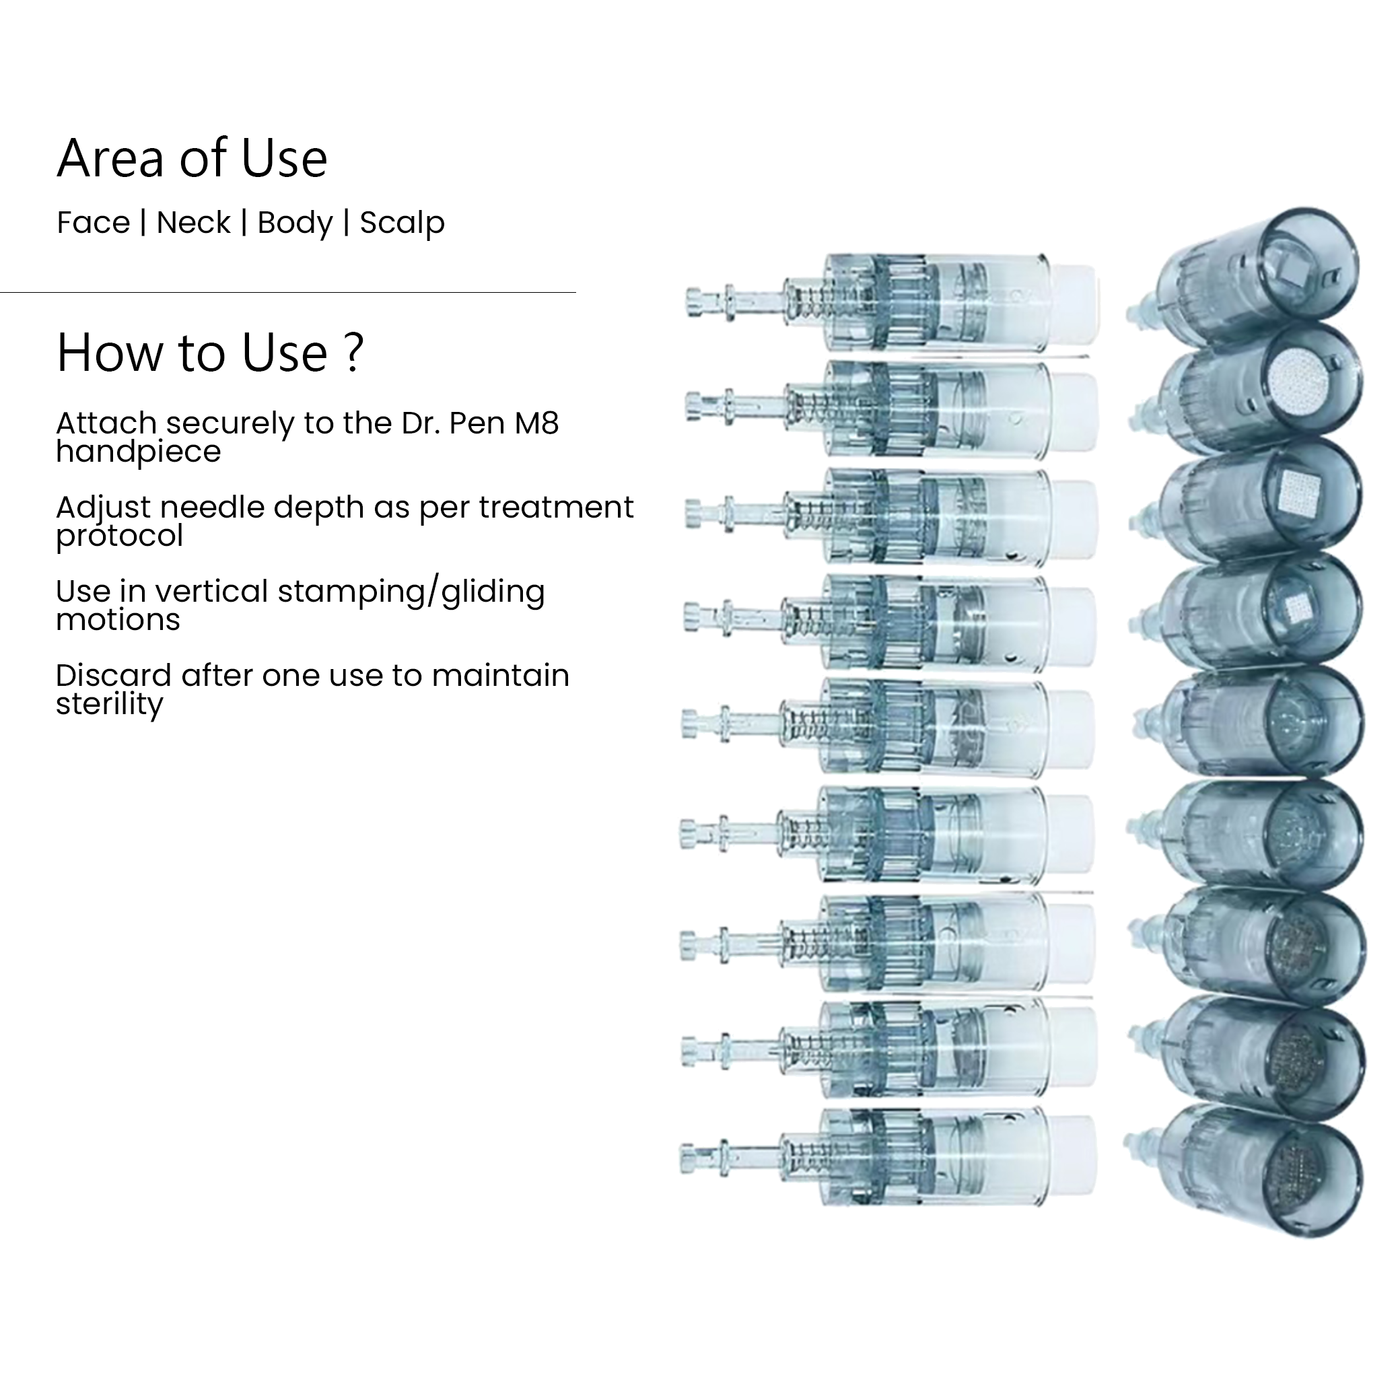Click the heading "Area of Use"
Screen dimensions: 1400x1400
192,158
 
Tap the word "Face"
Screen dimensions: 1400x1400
94,223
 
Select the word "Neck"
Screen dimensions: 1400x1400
193,223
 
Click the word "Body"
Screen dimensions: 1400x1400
295,224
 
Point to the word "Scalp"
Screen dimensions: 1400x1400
403,224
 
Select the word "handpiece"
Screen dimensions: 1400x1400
139,452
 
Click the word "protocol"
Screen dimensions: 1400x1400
120,536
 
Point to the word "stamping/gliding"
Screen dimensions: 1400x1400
411,592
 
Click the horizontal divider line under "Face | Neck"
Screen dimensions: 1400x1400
287,292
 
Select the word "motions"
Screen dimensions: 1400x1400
118,621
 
